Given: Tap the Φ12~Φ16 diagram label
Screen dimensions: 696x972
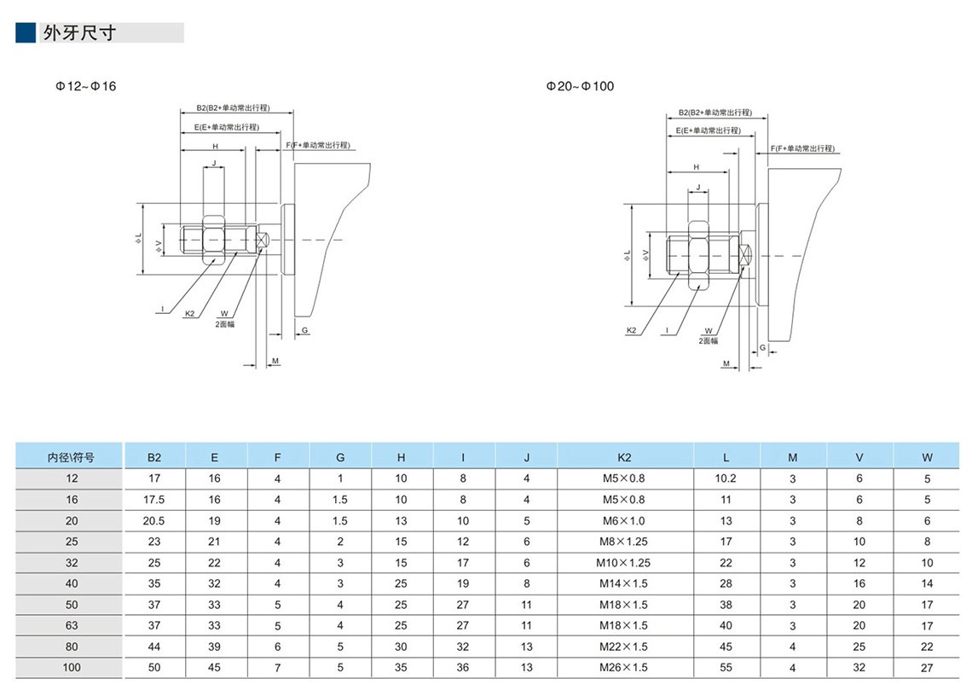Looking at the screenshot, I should click(85, 86).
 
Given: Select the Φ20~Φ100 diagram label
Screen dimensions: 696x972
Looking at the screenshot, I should click(580, 86).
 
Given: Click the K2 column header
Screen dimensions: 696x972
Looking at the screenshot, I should click(625, 457).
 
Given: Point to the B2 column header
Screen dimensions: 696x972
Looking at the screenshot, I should click(154, 457).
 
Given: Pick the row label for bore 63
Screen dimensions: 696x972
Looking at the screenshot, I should click(72, 626).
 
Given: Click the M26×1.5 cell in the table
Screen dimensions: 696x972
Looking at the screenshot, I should click(625, 668).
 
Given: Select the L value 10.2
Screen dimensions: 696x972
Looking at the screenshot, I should click(726, 478).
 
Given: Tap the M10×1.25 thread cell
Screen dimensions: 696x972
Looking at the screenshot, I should click(625, 563).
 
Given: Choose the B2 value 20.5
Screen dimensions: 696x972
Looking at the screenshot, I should click(154, 521).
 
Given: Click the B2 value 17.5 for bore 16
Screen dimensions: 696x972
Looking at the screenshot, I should click(154, 500).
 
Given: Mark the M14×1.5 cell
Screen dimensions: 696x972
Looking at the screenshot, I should click(625, 584).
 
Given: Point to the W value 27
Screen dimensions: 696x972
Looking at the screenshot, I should click(927, 668).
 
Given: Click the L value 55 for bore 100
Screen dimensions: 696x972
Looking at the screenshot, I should click(726, 668).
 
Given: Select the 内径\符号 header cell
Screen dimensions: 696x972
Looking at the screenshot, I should click(72, 457).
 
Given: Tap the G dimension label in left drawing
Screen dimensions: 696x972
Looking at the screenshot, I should click(304, 329).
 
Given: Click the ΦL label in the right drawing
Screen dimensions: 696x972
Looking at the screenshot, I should click(627, 255).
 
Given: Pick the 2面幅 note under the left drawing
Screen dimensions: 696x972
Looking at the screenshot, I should click(224, 324).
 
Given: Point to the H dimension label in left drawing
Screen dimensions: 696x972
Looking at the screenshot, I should click(215, 147).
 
